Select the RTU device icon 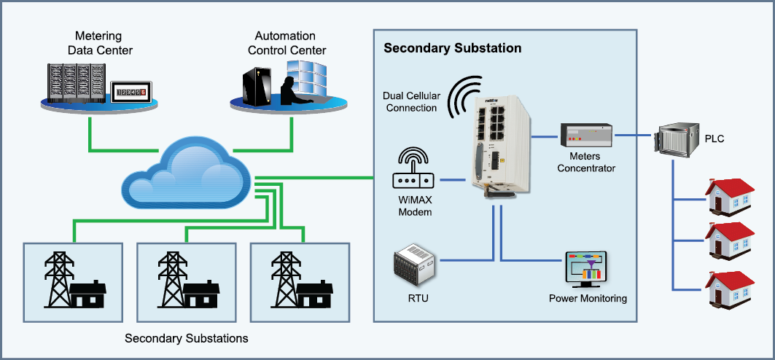coord(414,265)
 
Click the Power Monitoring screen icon coord(586,270)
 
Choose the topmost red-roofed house coord(728,197)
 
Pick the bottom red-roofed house coord(728,289)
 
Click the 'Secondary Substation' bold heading coord(452,48)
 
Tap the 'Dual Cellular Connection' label coord(410,102)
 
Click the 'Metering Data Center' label coord(100,43)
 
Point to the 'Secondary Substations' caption coord(186,338)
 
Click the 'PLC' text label coord(714,139)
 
